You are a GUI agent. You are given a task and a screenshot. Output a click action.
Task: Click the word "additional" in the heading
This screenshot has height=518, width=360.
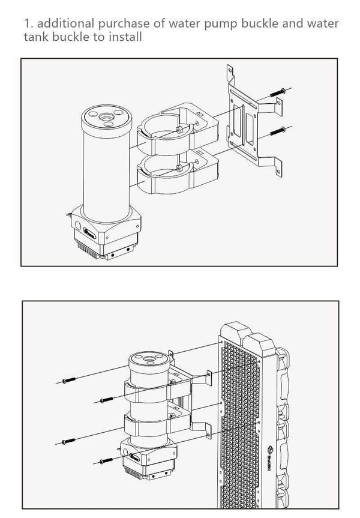pos(61,24)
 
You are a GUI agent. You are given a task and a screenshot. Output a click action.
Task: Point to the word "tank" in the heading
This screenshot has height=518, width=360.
pos(37,37)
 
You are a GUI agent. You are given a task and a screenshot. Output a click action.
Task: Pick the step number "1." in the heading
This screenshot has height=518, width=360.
pos(27,24)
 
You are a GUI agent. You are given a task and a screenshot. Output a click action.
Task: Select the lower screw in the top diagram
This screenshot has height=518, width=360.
pos(277,130)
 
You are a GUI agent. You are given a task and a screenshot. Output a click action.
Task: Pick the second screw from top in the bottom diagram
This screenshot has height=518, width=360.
pos(105,399)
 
